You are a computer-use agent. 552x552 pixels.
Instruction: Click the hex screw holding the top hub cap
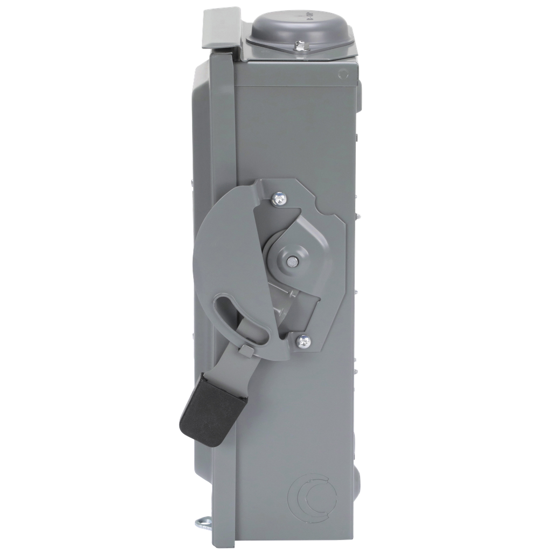coord(300,47)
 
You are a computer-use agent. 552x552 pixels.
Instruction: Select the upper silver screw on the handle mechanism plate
coord(280,199)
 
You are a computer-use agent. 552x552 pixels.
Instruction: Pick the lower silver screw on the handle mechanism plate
coord(304,341)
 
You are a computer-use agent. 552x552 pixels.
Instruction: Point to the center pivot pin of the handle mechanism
coord(291,261)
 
